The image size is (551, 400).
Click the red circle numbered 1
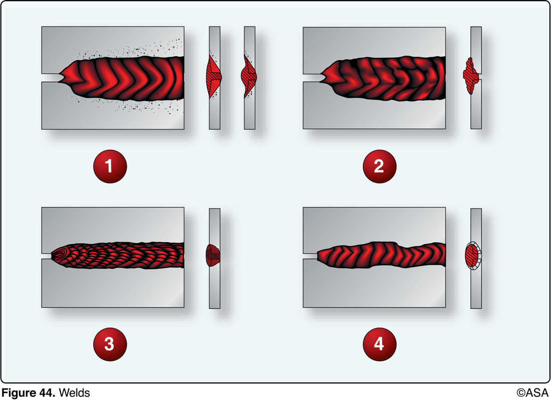coord(110,166)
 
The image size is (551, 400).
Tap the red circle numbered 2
coord(379,166)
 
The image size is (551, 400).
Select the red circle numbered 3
coord(110,344)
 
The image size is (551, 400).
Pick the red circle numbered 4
coord(379,344)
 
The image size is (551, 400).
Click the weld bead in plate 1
coord(125,78)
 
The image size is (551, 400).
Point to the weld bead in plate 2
coord(386,78)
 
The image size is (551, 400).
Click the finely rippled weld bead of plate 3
coord(120,256)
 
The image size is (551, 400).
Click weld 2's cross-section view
coord(470,77)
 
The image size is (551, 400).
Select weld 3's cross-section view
coord(213,255)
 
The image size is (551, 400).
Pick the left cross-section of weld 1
coord(214,77)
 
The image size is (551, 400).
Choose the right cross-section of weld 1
coord(249,77)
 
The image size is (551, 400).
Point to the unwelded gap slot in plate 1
coord(50,78)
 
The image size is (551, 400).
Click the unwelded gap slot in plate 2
coord(312,78)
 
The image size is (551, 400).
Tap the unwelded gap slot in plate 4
coord(310,256)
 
